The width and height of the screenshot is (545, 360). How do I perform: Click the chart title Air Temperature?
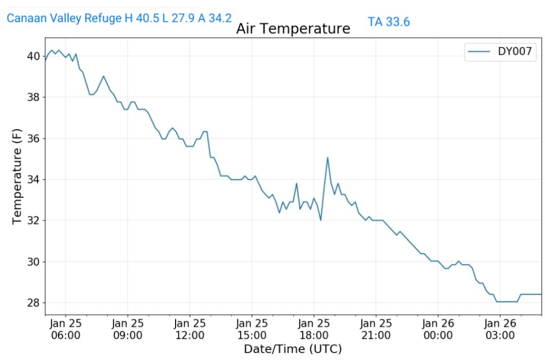click(293, 29)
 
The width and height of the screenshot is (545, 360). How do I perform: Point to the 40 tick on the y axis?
click(32, 56)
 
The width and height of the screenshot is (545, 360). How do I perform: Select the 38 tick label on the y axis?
click(32, 97)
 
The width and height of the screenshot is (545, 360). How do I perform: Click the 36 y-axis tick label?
click(32, 138)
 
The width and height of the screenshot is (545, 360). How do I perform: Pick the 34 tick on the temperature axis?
click(32, 179)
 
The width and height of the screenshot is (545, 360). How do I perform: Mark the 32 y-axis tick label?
click(32, 220)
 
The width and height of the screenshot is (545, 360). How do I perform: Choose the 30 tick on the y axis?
click(32, 262)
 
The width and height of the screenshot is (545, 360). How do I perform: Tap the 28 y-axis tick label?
click(32, 303)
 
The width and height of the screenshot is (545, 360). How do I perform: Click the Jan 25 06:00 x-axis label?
click(66, 329)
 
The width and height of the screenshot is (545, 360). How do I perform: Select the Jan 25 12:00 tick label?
click(190, 329)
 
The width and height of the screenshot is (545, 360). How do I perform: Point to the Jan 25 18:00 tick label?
click(314, 329)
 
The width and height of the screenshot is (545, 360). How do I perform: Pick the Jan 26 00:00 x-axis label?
click(438, 329)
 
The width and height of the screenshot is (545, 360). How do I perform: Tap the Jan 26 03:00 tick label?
click(500, 329)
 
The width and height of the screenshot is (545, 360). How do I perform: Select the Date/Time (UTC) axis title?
click(293, 349)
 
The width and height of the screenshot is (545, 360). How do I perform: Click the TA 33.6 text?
click(389, 22)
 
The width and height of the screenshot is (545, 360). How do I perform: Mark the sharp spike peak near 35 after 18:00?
click(328, 157)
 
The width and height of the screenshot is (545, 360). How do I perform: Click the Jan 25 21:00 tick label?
click(376, 329)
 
